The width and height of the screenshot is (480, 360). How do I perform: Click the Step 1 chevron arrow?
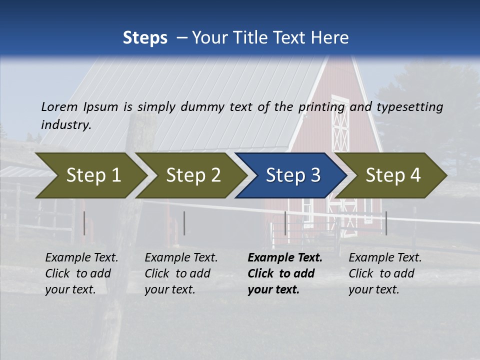93,175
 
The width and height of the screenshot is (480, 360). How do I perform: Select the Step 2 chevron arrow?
193,175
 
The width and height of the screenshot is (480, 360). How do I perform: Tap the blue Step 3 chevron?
293,175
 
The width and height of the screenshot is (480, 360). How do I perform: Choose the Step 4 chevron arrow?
393,175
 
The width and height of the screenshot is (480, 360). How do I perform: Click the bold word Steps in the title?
145,37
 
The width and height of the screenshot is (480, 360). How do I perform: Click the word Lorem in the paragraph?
59,106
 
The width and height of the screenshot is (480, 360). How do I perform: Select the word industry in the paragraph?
66,124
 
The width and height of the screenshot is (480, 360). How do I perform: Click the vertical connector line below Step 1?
84,223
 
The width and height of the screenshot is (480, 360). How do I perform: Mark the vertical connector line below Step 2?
184,223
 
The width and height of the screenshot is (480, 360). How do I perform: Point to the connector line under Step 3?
285,223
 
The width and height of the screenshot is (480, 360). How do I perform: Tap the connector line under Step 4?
386,223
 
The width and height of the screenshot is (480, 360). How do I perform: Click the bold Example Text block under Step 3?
284,273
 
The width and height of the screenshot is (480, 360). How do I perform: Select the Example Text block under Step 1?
81,273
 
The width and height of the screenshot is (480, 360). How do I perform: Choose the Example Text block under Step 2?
181,273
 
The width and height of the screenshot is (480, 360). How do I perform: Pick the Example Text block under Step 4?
385,273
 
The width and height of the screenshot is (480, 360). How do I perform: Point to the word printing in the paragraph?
322,106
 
